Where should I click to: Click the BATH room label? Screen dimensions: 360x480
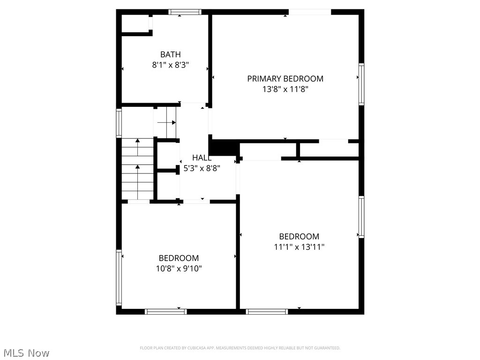(x=170, y=54)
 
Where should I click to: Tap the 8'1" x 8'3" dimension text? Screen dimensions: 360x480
(x=170, y=65)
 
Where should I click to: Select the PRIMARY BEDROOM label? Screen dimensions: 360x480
(x=285, y=79)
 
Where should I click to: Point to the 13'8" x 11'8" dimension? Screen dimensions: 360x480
(x=285, y=89)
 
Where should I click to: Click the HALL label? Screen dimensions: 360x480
(x=202, y=158)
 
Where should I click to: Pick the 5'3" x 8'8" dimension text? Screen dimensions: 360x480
(x=202, y=168)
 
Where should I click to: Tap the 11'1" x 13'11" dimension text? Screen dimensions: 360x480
(x=299, y=247)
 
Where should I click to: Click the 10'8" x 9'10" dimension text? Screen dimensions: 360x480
(x=179, y=269)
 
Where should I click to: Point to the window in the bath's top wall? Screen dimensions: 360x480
(x=185, y=12)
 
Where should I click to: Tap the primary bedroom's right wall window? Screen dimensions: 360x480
(x=361, y=84)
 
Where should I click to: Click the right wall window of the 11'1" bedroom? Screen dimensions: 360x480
(x=361, y=217)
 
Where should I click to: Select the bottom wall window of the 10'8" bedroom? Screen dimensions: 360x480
(x=165, y=311)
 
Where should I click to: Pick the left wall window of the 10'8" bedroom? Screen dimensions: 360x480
(x=119, y=277)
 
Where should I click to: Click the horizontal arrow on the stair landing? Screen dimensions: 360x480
(x=166, y=123)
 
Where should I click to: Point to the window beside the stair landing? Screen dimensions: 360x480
(x=119, y=123)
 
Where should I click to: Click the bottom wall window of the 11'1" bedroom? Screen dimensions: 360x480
(x=267, y=311)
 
